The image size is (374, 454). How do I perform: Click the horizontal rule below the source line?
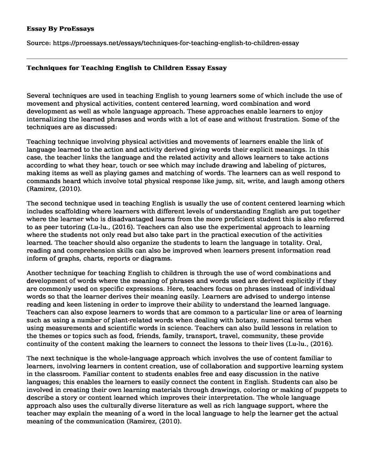(187, 58)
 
